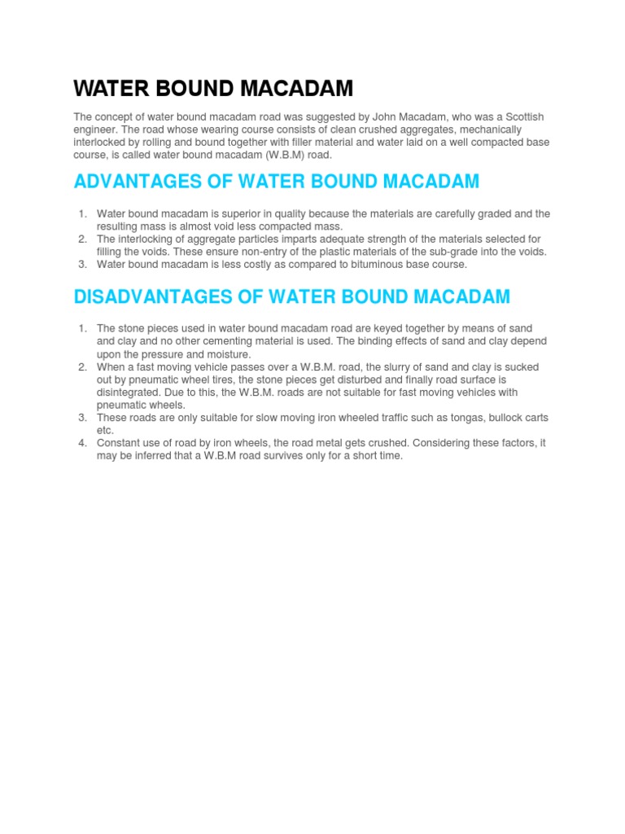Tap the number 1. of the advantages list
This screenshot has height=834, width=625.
tap(82, 214)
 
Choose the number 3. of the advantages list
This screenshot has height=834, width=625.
tap(82, 264)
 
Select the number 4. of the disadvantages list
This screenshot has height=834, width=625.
tap(82, 443)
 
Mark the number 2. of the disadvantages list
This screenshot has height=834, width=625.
tap(82, 367)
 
